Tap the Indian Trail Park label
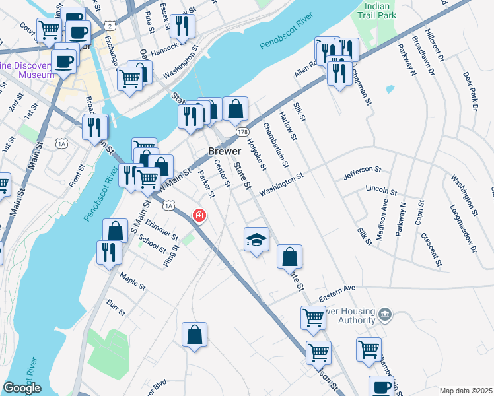376,9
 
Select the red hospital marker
198,214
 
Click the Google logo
22,389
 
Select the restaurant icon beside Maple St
108,252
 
